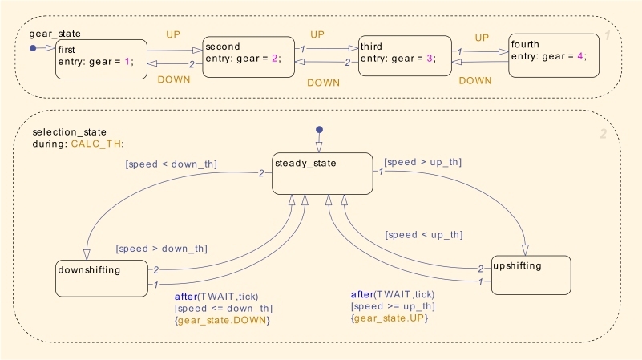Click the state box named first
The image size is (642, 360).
[x=101, y=59]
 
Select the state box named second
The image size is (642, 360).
[x=248, y=57]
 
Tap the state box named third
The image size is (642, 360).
[x=405, y=55]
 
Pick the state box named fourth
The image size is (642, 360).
[x=554, y=55]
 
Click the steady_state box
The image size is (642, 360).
[x=323, y=174]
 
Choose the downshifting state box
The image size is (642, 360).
[x=102, y=278]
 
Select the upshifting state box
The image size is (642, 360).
[x=531, y=275]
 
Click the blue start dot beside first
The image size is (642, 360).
[x=33, y=48]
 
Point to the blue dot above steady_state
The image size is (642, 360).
[x=319, y=130]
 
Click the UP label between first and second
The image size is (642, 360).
[x=173, y=34]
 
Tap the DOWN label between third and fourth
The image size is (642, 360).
[x=475, y=81]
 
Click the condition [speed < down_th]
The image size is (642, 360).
[x=172, y=164]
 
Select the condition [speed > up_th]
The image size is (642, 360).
[x=423, y=162]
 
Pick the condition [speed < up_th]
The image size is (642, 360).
[x=424, y=235]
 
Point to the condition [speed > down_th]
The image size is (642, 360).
[x=162, y=249]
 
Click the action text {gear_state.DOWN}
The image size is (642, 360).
[x=222, y=320]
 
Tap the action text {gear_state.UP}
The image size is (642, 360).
[x=390, y=318]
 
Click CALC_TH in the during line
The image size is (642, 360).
[x=96, y=144]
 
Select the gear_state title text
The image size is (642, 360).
[x=55, y=34]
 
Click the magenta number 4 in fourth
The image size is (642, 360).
[x=580, y=56]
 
